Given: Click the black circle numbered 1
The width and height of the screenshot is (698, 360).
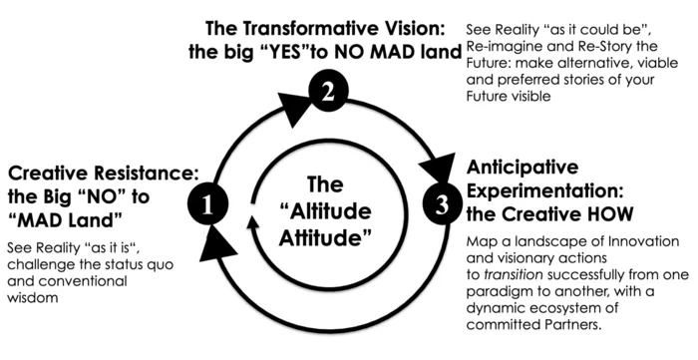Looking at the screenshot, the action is coord(207,204).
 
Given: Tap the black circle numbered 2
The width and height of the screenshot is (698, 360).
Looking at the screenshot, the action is coord(328,91).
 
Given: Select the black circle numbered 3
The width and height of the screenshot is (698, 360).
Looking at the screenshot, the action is coord(443,205).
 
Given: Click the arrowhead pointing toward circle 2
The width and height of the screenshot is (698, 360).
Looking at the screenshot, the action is coord(294,109).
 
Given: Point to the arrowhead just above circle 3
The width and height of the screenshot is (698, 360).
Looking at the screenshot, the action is coord(439,170).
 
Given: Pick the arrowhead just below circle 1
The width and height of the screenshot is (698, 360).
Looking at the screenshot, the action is coord(216,244).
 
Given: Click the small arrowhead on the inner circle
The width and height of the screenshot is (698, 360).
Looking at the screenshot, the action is coord(253,222).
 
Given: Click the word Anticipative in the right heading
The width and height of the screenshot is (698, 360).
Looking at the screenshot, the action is coord(523,168).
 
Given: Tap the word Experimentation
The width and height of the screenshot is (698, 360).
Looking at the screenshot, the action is coord(543,191).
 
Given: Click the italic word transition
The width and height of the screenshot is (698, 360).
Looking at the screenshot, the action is coord(513,275).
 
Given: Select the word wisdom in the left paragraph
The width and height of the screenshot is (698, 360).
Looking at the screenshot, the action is coord(33,298).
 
